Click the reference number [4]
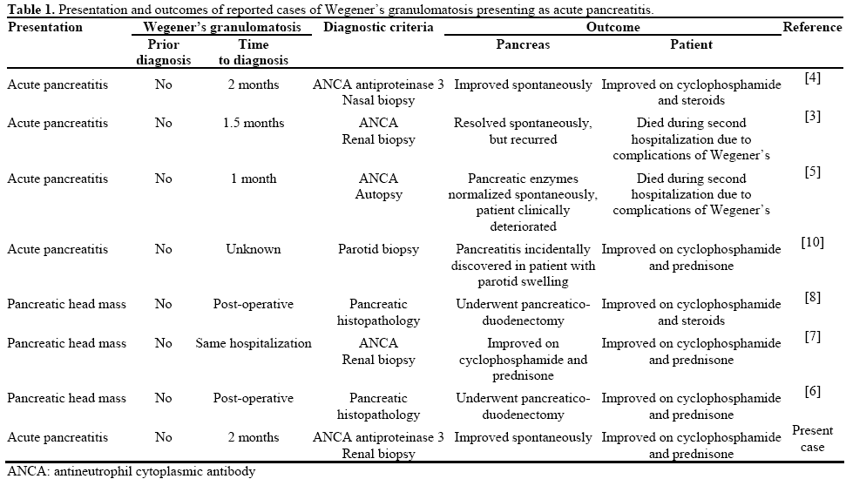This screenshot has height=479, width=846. coord(812,78)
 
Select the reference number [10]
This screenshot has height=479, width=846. coord(812,242)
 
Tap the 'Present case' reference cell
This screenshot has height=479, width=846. coord(812,438)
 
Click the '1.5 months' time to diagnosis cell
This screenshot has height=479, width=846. coord(253,123)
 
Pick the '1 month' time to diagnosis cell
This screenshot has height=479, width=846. coord(253,179)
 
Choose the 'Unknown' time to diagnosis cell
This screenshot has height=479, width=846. coord(253,249)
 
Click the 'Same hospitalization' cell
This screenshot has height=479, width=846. coord(253,343)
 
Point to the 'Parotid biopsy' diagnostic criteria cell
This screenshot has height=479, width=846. coord(378,249)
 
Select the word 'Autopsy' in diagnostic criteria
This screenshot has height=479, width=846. coord(378,194)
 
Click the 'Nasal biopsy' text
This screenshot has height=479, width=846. coord(378,100)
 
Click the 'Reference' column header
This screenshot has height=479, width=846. coord(812,27)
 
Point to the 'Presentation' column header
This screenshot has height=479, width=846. coord(45,27)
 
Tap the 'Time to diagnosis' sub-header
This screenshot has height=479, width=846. coord(253,52)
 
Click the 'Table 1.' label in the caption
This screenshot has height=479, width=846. coord(28,10)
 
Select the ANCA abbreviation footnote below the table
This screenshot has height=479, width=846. coord(131,471)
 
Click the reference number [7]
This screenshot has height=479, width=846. coord(812,336)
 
